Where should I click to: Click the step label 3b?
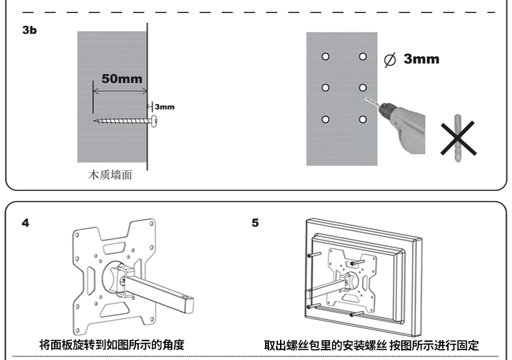tap(29, 30)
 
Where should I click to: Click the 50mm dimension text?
tap(122, 78)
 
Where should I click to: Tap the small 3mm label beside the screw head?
tap(164, 107)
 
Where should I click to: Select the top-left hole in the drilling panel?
tap(325, 57)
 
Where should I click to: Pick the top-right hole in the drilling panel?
tap(362, 57)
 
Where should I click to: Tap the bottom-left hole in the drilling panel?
tap(325, 119)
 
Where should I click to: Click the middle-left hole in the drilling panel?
tap(325, 88)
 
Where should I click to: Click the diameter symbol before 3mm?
tap(390, 60)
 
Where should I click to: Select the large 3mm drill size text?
tap(421, 60)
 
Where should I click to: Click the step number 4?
tap(25, 223)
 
